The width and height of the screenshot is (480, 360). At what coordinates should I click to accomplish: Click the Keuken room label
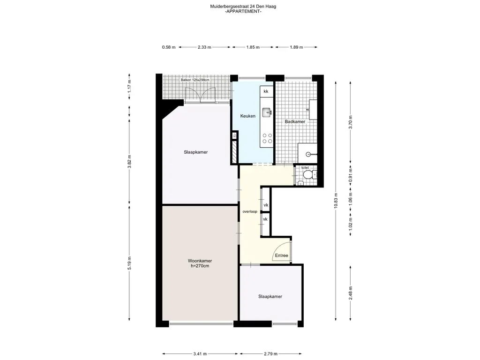[247, 116]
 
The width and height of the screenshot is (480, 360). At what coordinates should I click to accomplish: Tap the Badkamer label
[295, 121]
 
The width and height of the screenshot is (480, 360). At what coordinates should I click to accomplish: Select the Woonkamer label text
[200, 261]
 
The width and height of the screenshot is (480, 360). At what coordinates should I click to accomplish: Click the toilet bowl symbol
[307, 175]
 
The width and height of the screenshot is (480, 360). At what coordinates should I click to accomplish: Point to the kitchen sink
[267, 112]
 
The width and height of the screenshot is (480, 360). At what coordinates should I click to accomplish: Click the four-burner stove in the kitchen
[267, 138]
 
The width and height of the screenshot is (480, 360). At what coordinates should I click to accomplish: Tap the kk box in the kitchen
[266, 91]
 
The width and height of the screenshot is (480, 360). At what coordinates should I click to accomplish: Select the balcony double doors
[200, 94]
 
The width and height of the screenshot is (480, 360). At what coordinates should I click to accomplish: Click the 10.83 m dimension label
[336, 201]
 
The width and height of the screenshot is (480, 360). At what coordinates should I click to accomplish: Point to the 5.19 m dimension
[129, 263]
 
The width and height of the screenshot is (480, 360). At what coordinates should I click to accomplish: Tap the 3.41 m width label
[200, 354]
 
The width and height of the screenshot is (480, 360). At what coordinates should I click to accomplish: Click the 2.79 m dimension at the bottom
[270, 354]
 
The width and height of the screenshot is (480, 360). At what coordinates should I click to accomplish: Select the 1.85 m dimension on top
[253, 47]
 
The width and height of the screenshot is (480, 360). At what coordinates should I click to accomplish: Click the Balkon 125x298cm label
[195, 80]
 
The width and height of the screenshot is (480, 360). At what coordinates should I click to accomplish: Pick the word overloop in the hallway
[250, 211]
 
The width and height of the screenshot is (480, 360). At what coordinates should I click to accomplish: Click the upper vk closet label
[266, 205]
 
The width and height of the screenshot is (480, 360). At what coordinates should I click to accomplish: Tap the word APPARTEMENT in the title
[243, 12]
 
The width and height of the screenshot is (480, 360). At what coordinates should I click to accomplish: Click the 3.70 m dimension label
[351, 122]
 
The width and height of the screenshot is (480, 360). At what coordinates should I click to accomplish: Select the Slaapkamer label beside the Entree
[270, 296]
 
